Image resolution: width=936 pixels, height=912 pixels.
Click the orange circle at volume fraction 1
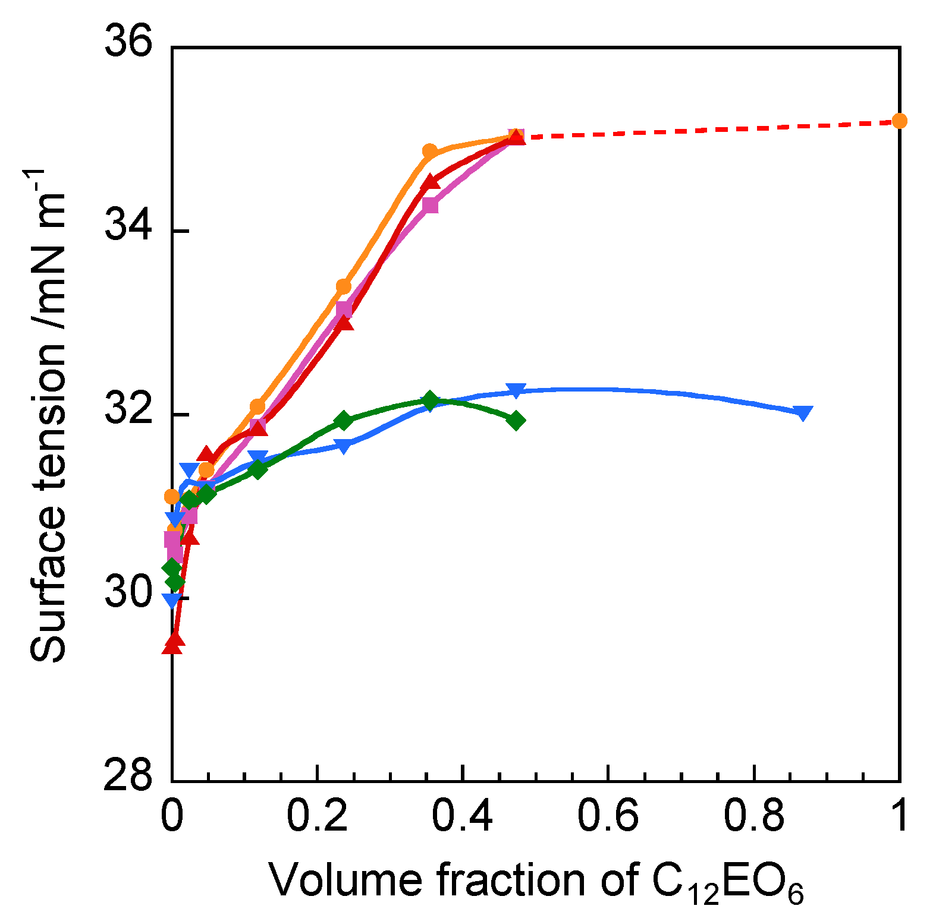pos(899,121)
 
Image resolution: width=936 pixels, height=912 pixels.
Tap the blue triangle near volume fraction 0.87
pos(803,413)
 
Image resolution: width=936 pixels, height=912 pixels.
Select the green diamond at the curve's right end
pos(516,421)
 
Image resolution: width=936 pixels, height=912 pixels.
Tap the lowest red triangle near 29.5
pos(172,643)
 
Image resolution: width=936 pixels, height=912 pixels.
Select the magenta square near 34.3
pos(430,206)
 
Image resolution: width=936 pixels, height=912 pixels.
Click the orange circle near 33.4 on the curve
pos(344,286)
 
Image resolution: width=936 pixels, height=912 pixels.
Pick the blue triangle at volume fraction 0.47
pos(516,391)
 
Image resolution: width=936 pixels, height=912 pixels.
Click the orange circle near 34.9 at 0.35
pos(429,151)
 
